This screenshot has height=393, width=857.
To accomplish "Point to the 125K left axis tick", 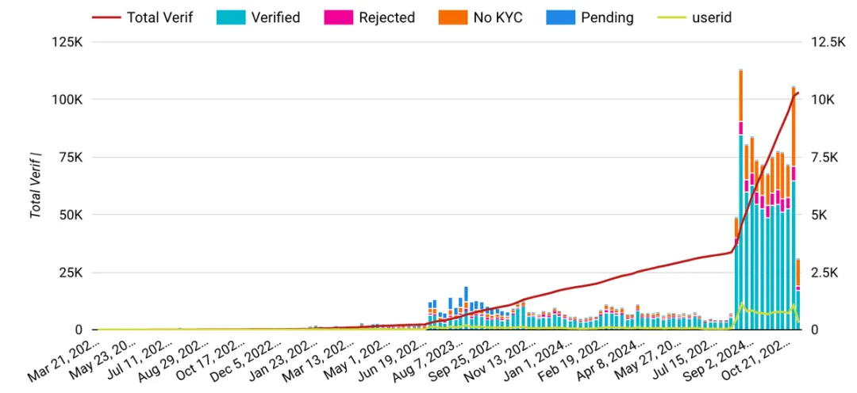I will (67, 42).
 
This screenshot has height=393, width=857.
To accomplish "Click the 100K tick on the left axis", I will (67, 100).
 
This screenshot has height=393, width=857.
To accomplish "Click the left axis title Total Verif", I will (36, 186).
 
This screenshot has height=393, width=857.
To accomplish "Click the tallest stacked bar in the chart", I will (740, 198).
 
